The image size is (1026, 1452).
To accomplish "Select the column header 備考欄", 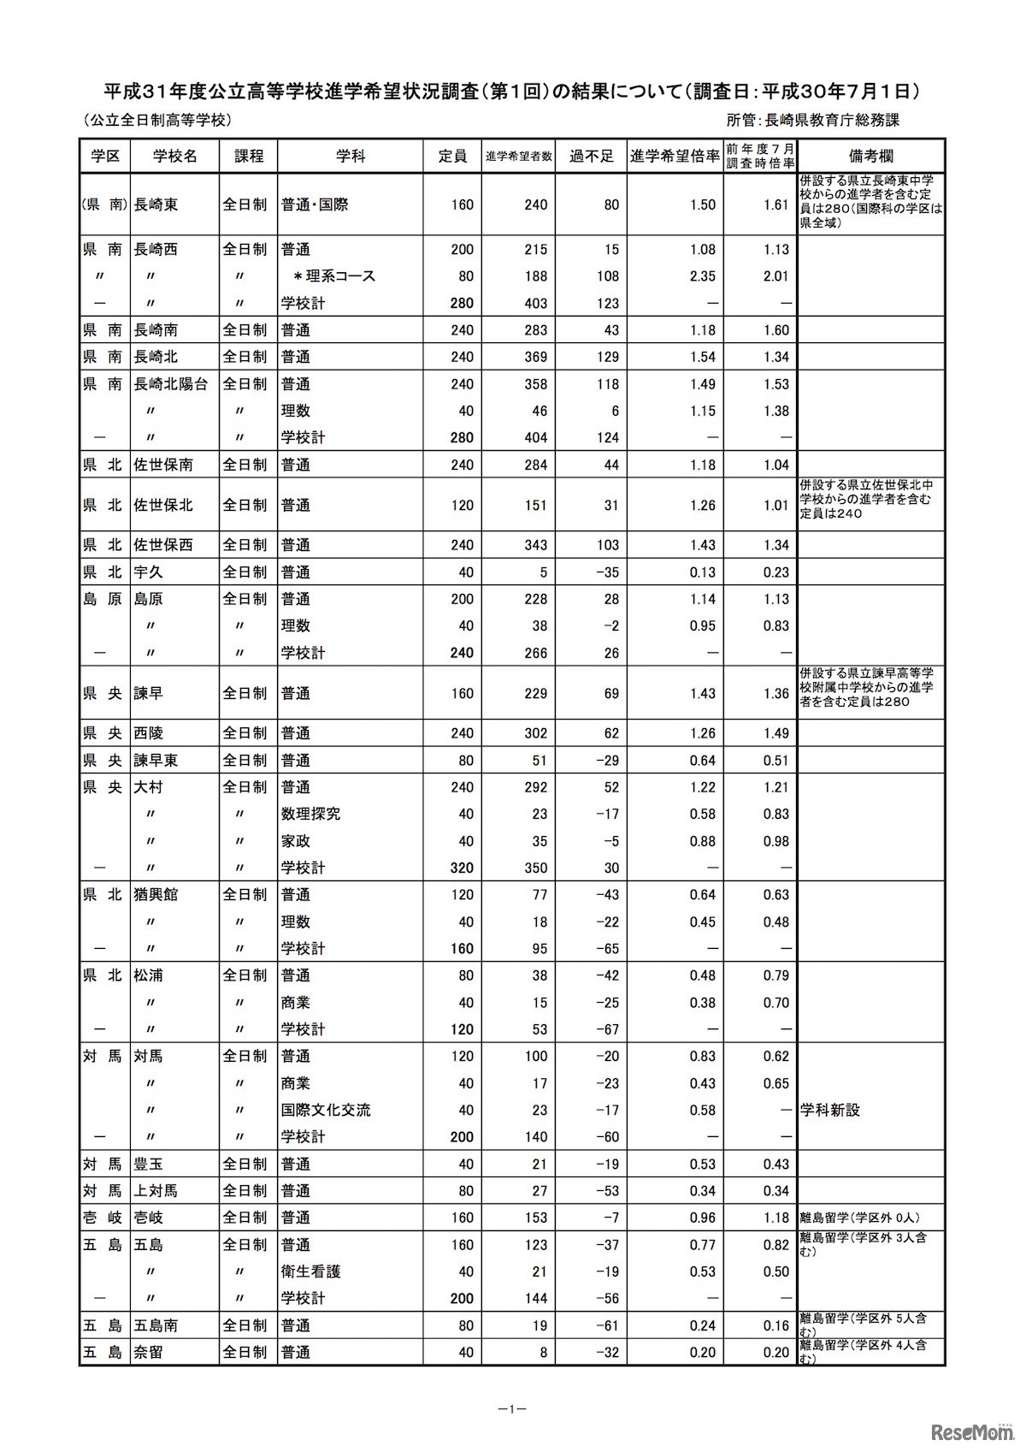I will coord(870,156).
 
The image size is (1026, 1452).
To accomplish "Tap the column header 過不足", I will coord(591,156).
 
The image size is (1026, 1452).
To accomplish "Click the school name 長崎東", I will coord(156,205).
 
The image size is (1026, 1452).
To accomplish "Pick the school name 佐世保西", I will coord(163,545).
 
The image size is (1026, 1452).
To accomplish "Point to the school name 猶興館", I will coord(156,895).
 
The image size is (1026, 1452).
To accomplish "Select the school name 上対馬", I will coord(156,1191).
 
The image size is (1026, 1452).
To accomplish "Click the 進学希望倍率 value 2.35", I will coord(702,276).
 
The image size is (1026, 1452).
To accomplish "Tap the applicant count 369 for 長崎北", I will coord(535,357).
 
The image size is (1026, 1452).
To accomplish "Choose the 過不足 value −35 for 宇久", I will coord(606,572).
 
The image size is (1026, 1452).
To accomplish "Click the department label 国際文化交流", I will coord(326,1111).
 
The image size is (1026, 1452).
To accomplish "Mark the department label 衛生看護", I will coord(311,1271).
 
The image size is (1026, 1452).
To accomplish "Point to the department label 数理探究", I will coord(311,814).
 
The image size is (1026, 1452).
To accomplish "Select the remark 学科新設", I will coord(829,1111).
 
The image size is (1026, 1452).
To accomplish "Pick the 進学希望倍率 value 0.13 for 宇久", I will coord(702,572).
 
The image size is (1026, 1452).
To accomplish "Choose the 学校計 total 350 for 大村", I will coord(535,868).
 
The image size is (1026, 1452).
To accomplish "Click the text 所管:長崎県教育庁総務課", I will coord(812,121).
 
